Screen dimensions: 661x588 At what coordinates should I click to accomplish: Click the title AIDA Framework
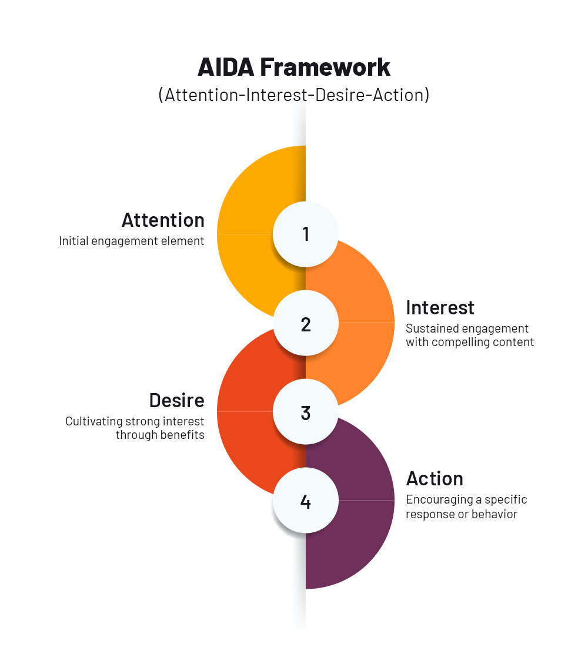pyautogui.click(x=294, y=67)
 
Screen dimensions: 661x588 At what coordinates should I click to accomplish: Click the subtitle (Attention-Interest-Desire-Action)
pyautogui.click(x=294, y=95)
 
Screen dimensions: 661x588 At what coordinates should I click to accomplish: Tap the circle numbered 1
pyautogui.click(x=306, y=234)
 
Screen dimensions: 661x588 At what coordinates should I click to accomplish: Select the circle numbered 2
pyautogui.click(x=306, y=324)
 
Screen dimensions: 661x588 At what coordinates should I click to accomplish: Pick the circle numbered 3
pyautogui.click(x=306, y=412)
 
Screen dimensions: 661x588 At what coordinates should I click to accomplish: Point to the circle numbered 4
pyautogui.click(x=306, y=501)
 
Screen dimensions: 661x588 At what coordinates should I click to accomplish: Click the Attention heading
pyautogui.click(x=163, y=220)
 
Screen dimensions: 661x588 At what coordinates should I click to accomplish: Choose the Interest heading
pyautogui.click(x=440, y=307)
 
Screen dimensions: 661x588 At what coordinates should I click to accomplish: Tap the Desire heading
pyautogui.click(x=176, y=400)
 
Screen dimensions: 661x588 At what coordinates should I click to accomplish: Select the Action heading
pyautogui.click(x=435, y=478)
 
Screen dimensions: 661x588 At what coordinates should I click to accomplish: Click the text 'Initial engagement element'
pyautogui.click(x=132, y=241)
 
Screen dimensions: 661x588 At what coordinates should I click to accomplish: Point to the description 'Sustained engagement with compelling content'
pyautogui.click(x=470, y=335)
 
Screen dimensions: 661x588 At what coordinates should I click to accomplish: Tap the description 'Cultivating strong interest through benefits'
pyautogui.click(x=135, y=428)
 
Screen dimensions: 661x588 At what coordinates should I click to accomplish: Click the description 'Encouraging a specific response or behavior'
pyautogui.click(x=466, y=506)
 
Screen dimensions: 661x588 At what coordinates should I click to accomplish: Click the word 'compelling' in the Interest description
pyautogui.click(x=457, y=342)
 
